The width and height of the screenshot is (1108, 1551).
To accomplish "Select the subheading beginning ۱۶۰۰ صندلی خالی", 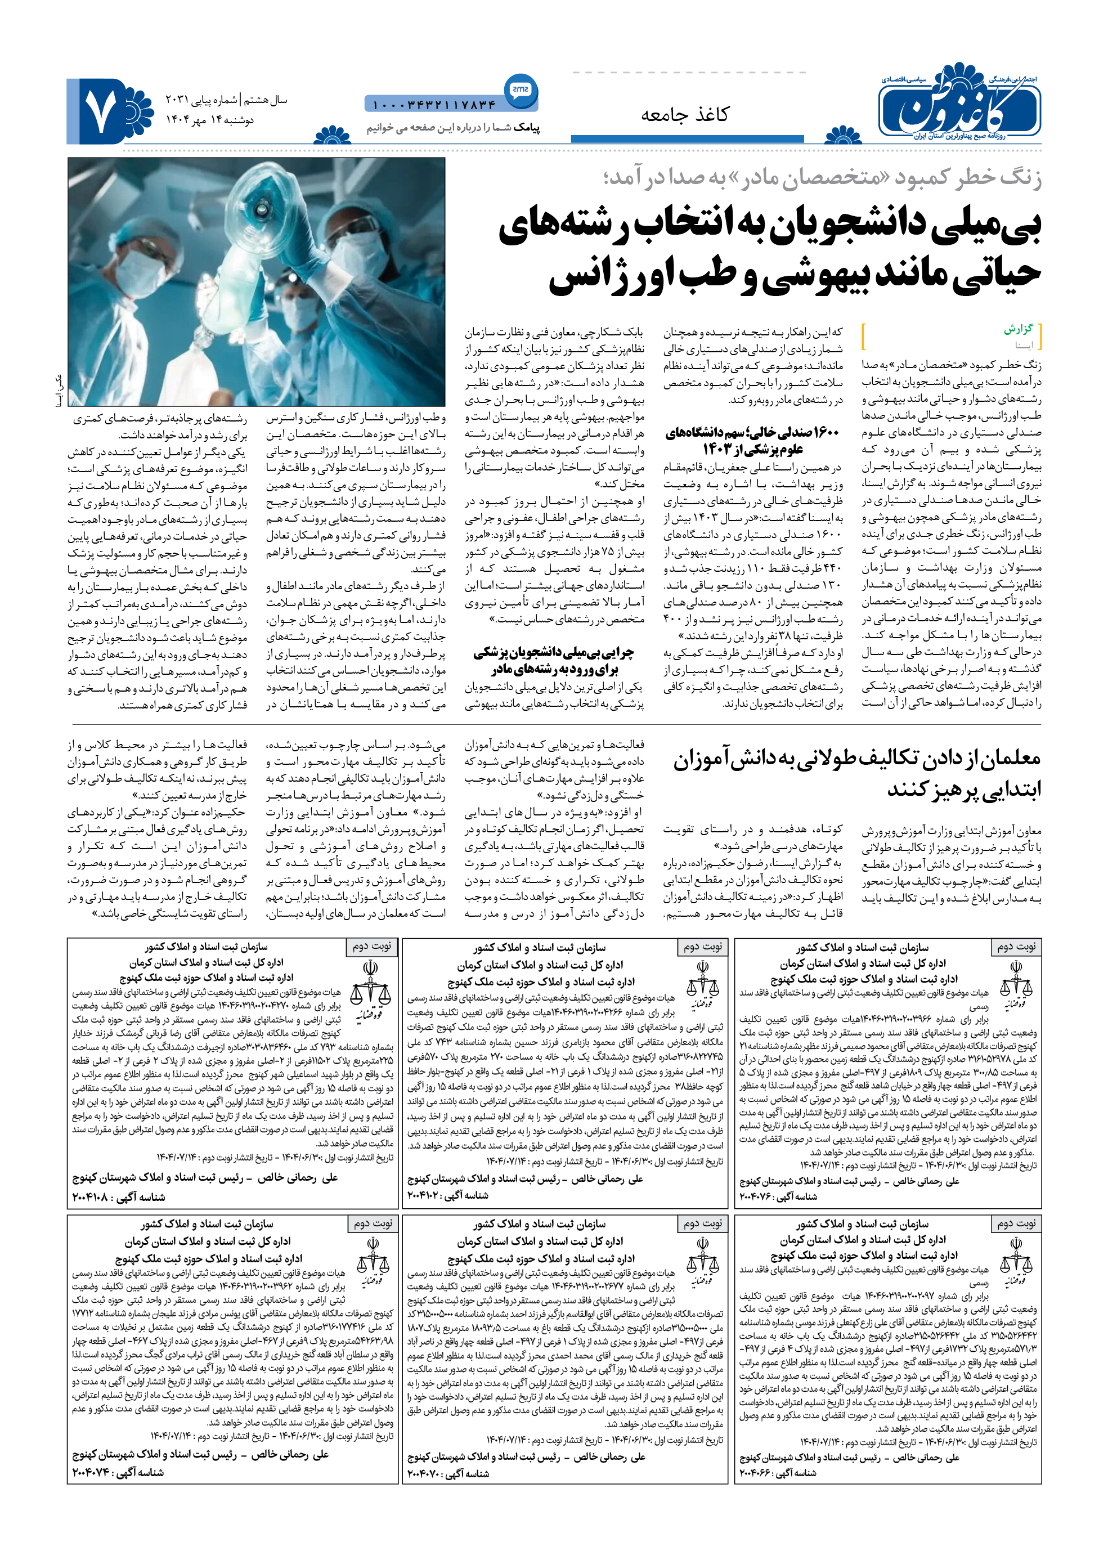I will pyautogui.click(x=752, y=440).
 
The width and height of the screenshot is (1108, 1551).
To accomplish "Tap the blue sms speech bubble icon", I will pyautogui.click(x=520, y=89).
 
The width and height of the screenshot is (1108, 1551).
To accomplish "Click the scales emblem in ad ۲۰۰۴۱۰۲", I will pyautogui.click(x=702, y=985).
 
